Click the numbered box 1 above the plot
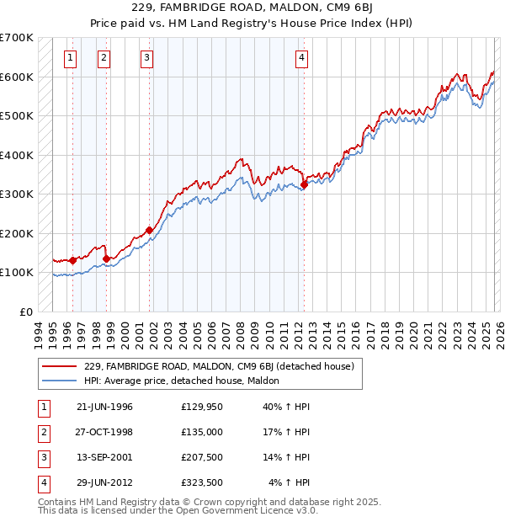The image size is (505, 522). (x=69, y=58)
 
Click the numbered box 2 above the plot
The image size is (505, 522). (x=103, y=58)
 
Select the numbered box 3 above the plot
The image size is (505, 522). (x=146, y=58)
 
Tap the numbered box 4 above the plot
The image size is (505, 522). (x=301, y=58)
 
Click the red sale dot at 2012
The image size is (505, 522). (x=304, y=185)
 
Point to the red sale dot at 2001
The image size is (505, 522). (x=149, y=230)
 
